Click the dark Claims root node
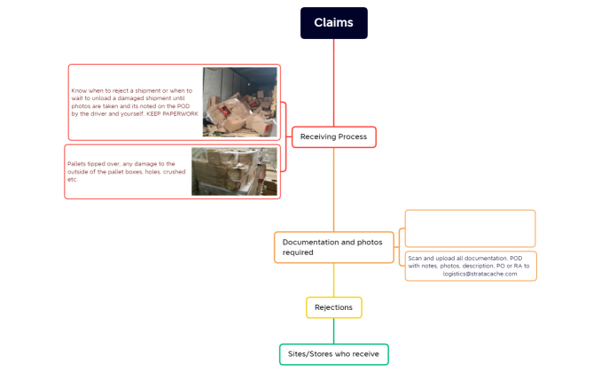[333, 23]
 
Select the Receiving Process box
[334, 136]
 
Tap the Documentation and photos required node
[333, 247]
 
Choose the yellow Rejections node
[333, 307]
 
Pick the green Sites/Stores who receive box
[333, 354]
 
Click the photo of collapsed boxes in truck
[239, 102]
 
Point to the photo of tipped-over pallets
[234, 171]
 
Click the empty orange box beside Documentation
[470, 229]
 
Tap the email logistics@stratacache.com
[480, 274]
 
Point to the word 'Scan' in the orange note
[415, 258]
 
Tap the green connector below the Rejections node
[334, 330]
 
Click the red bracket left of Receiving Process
[286, 136]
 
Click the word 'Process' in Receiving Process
[352, 136]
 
